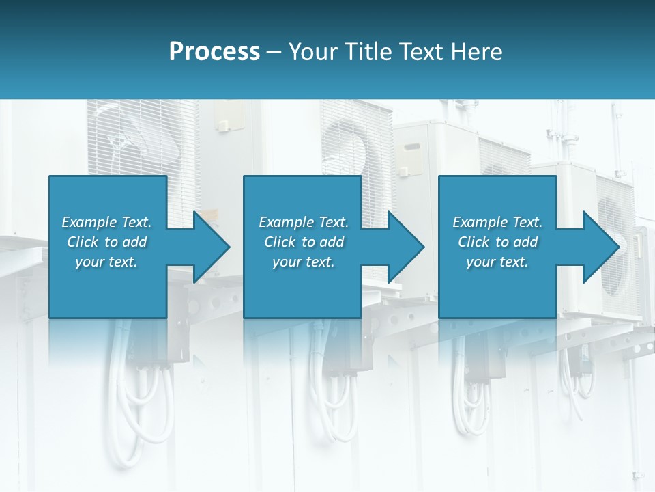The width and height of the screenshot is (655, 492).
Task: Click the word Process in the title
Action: [214, 52]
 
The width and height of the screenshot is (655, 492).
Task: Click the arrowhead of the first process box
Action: [212, 247]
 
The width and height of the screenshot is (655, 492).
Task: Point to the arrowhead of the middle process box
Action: [406, 247]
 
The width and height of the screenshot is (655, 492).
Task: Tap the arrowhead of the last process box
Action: [601, 247]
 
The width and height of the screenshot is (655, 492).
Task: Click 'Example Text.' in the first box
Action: [106, 222]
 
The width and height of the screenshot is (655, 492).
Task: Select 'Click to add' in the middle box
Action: [304, 242]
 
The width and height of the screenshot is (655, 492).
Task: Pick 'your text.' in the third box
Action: [497, 262]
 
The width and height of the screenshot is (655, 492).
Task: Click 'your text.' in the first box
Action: [106, 262]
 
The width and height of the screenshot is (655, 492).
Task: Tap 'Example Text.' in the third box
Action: [497, 222]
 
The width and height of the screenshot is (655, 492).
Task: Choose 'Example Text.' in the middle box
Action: [304, 222]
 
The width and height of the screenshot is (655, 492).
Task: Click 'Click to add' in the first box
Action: [106, 242]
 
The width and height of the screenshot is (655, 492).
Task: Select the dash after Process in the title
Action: [274, 53]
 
